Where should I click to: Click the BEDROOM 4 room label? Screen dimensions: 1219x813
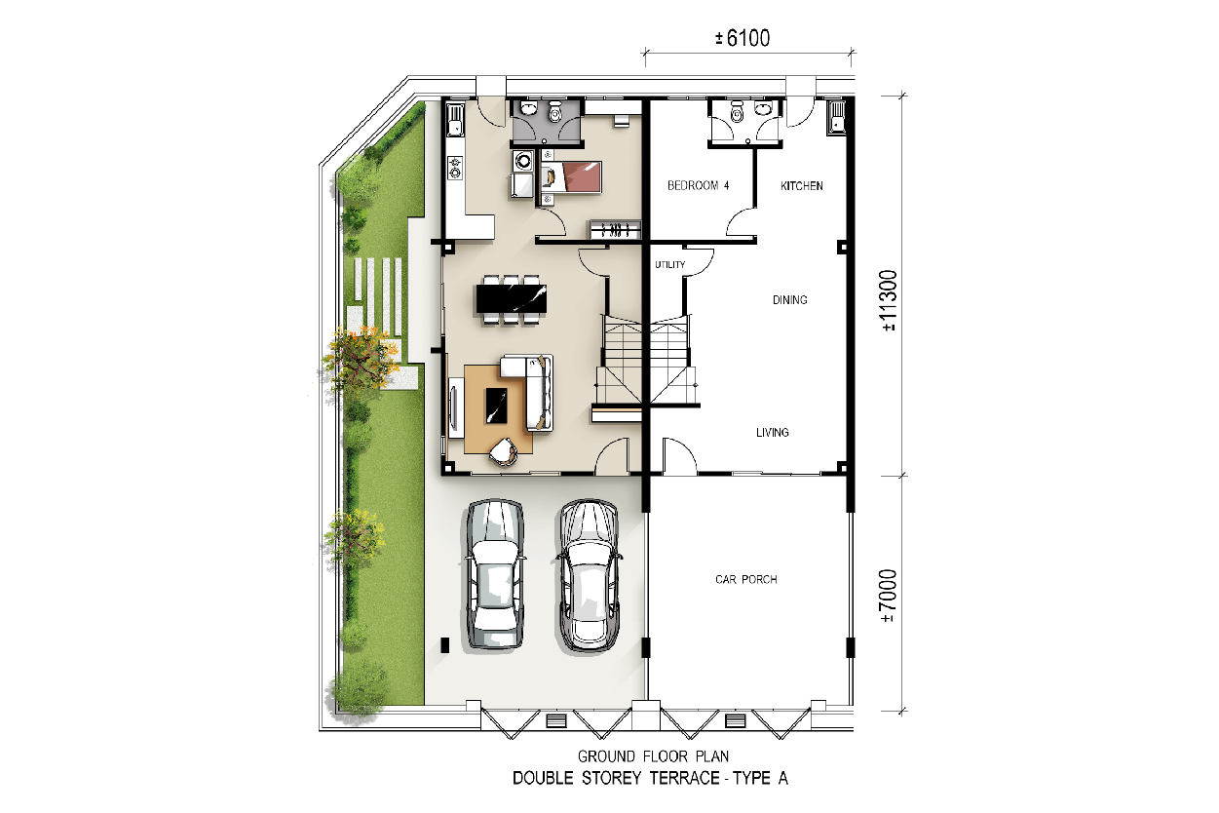[x=699, y=185]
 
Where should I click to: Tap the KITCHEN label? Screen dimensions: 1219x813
[x=802, y=186]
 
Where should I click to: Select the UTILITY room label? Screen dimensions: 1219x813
[x=669, y=264]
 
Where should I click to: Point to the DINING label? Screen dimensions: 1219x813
[x=789, y=300]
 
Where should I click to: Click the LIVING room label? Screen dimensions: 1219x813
[x=772, y=433]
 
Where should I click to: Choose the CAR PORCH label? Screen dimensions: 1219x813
[x=746, y=579]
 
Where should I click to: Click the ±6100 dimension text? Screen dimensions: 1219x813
[x=743, y=38]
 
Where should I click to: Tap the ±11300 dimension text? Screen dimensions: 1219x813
[x=889, y=300]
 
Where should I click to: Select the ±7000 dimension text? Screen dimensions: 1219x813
[x=888, y=596]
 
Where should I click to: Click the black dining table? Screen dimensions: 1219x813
[x=511, y=299]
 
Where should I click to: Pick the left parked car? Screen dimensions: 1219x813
[x=494, y=574]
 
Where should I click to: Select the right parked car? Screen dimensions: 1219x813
[x=589, y=575]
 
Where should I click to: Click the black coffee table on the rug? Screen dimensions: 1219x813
[x=496, y=406]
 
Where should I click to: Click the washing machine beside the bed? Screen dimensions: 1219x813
[x=524, y=161]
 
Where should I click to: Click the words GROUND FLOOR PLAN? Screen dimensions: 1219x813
[x=653, y=756]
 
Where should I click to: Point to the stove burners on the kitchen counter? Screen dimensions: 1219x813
[x=454, y=168]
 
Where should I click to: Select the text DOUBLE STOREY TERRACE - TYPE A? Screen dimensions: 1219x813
[x=650, y=778]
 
